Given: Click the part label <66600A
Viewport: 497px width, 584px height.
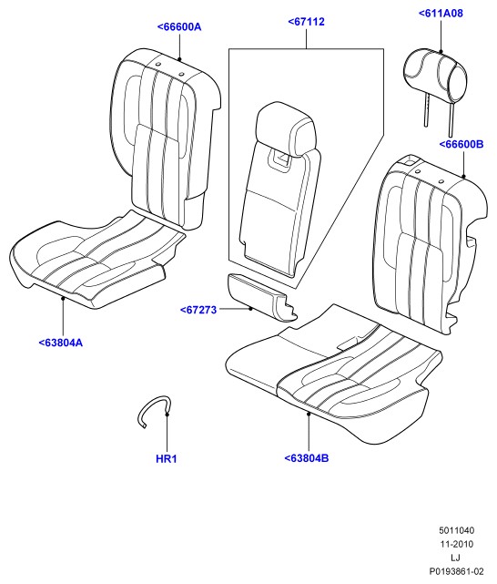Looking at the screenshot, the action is tap(179, 26).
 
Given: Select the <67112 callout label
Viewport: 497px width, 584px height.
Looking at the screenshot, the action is tap(306, 22).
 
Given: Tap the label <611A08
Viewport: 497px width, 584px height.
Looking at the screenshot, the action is tap(441, 13).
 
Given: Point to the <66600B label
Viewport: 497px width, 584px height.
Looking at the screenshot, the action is tap(461, 144).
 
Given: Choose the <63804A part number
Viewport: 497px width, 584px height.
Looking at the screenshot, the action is tap(61, 343).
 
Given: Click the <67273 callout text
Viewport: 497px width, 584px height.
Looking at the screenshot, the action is tap(198, 310).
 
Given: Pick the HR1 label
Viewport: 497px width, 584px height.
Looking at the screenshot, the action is tap(167, 459).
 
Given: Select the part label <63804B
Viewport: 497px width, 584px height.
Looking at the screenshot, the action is tap(307, 458).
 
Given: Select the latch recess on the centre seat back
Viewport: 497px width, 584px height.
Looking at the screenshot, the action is tap(280, 158).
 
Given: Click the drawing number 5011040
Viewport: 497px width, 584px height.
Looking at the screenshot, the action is tap(456, 530).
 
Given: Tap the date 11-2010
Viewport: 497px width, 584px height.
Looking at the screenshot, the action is tap(457, 544).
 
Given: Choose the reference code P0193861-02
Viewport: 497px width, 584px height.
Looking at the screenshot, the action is tap(456, 571).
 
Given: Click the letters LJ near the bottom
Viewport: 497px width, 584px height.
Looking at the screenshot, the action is tap(455, 558).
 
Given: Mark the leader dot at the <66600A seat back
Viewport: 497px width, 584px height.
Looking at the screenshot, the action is tap(179, 59).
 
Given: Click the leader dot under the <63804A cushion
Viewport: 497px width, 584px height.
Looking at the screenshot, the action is tap(63, 298).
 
